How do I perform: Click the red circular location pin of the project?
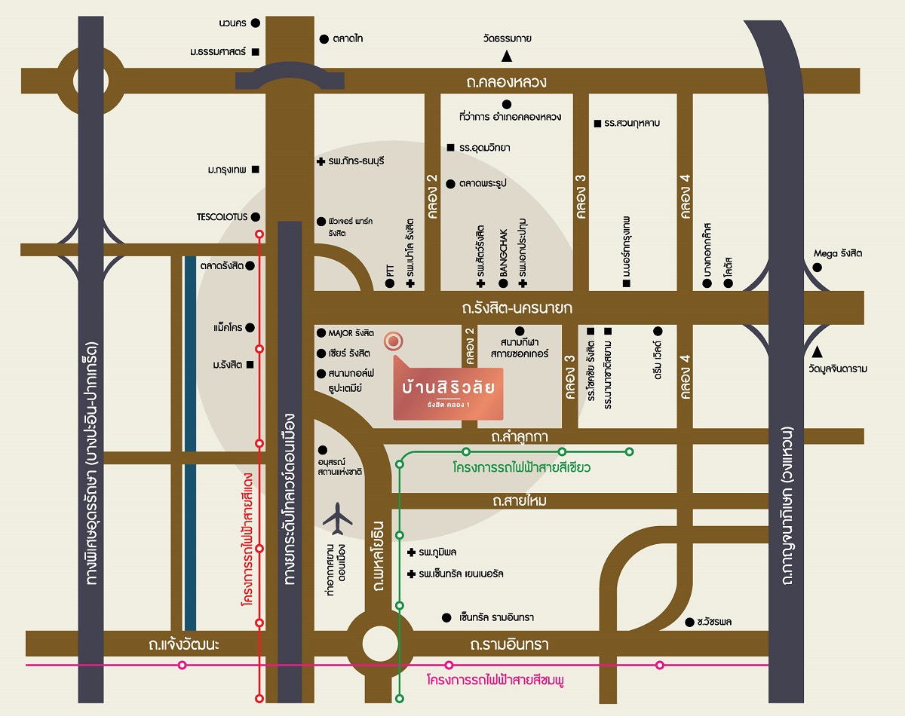393,341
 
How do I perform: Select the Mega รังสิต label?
837,253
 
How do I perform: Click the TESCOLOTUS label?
222,217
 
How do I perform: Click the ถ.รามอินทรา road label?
509,645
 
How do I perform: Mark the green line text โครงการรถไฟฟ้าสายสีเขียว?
521,467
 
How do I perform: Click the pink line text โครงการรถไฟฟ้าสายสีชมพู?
495,680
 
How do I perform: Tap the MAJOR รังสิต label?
351,332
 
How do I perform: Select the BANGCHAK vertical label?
502,254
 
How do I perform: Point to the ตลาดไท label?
348,38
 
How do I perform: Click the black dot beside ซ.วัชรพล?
689,622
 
